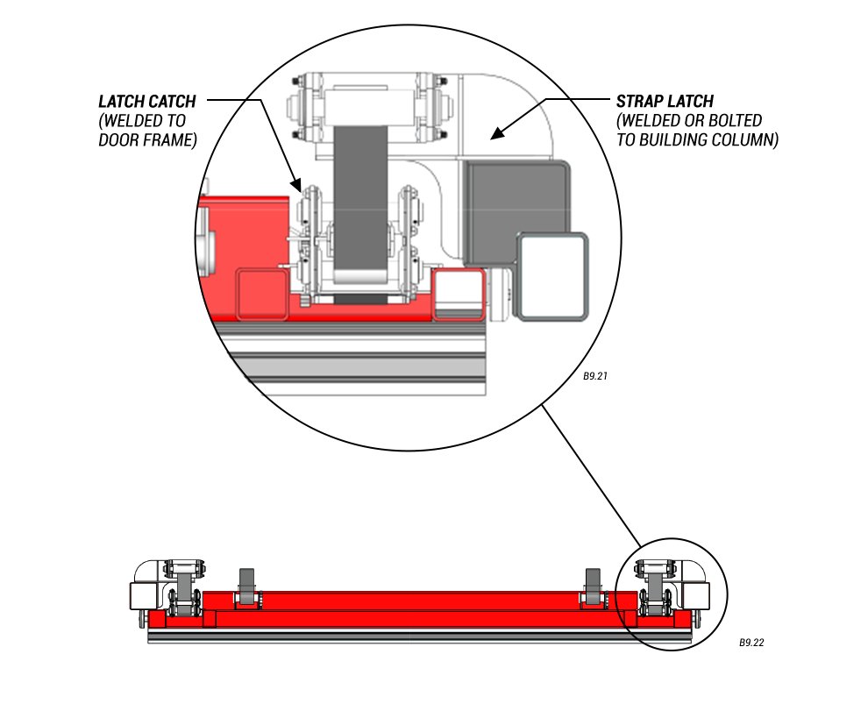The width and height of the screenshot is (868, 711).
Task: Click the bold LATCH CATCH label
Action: pos(146,102)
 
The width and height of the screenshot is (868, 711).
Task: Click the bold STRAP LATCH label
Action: pos(665,102)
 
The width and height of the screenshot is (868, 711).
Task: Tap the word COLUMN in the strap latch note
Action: pos(747,139)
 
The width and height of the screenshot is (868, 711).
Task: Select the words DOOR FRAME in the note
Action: pos(147,139)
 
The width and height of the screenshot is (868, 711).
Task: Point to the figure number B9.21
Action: pos(595,376)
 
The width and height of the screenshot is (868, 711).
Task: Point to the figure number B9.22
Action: pos(751,643)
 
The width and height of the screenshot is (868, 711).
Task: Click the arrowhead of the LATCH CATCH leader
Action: pos(298,187)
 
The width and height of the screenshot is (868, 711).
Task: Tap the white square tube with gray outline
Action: pos(551,275)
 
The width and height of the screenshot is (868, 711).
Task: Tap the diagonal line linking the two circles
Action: pos(593,473)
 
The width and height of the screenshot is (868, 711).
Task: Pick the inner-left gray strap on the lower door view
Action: pos(247,583)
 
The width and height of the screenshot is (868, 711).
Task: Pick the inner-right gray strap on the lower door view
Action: pos(594,583)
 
